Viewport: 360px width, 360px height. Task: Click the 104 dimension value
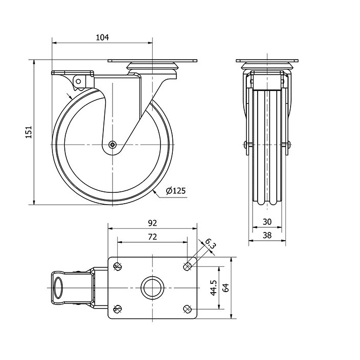point(102,38)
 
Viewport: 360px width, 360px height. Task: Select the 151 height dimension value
point(28,132)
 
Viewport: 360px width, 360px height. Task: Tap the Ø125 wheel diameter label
point(176,191)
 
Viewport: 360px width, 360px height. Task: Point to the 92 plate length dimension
point(152,223)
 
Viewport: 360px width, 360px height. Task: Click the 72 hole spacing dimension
point(152,237)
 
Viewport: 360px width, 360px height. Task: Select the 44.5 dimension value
point(213,287)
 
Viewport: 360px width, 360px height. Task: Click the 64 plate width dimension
point(226,287)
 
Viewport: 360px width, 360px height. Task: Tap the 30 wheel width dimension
point(267,222)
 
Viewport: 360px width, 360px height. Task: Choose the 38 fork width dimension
point(267,236)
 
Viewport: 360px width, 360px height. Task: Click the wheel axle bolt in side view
point(113,145)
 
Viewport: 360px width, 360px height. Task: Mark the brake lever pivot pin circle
point(78,81)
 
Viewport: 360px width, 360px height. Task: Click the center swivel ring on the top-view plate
point(152,288)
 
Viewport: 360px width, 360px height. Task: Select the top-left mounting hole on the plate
point(118,266)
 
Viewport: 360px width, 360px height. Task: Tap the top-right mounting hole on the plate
point(187,266)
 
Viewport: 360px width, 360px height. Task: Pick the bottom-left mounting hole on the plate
point(118,309)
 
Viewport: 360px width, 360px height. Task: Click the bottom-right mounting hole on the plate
point(187,309)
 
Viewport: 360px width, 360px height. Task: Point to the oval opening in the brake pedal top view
point(58,288)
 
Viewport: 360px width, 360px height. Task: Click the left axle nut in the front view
point(247,145)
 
